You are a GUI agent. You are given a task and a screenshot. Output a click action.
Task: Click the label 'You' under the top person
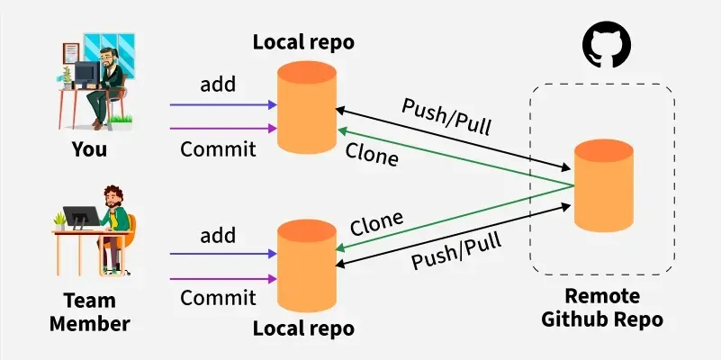[89, 149]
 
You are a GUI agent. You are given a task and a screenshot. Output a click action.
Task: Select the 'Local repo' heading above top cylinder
[303, 41]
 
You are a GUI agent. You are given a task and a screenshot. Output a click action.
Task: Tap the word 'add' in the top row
[218, 85]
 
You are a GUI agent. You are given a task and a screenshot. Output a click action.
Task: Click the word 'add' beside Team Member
[218, 236]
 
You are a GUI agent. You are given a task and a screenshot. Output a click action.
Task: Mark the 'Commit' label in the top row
[218, 149]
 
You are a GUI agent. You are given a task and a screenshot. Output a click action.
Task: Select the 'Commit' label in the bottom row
[218, 298]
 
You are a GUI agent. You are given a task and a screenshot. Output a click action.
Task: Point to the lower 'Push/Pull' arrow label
[456, 249]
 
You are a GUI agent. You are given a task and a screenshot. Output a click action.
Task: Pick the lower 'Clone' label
[376, 222]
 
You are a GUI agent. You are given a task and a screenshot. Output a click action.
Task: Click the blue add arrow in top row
[221, 105]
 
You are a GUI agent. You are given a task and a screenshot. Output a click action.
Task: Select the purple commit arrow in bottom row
[221, 278]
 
